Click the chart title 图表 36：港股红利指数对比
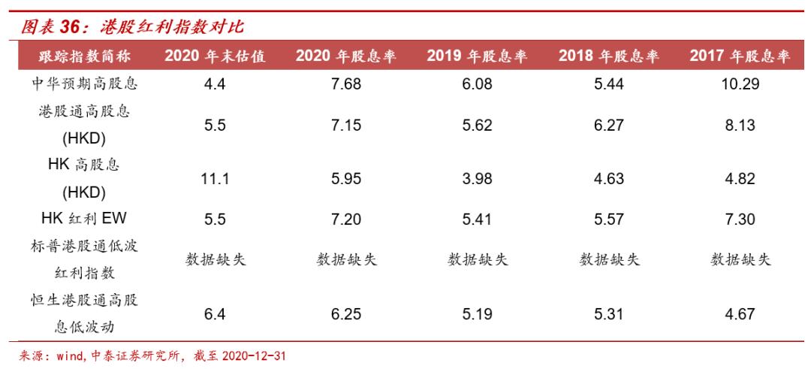click(x=132, y=27)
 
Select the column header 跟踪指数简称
click(x=83, y=56)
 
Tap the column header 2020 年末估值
click(x=215, y=56)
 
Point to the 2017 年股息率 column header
click(x=740, y=56)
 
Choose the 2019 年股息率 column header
click(x=478, y=56)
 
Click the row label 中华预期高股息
click(x=83, y=84)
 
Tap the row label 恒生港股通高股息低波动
click(x=83, y=314)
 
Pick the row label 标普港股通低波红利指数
click(x=83, y=261)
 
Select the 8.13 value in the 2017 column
click(x=740, y=126)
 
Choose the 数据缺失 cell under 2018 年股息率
click(x=609, y=261)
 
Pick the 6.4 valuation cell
click(x=215, y=315)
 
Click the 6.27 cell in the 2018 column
click(x=609, y=126)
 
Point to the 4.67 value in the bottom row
click(x=740, y=315)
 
